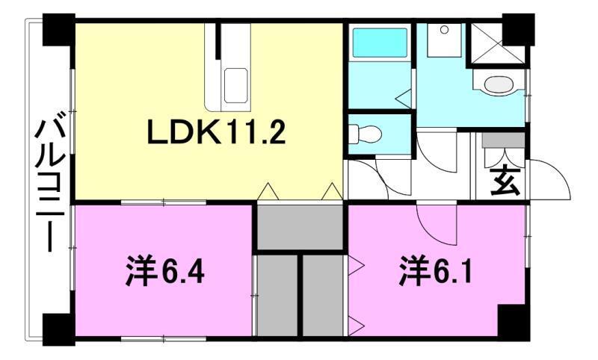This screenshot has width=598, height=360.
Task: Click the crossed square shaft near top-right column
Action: click(487, 44)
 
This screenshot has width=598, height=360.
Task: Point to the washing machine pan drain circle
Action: click(444, 30)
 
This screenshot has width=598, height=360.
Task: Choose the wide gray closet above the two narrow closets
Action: click(300, 226)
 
